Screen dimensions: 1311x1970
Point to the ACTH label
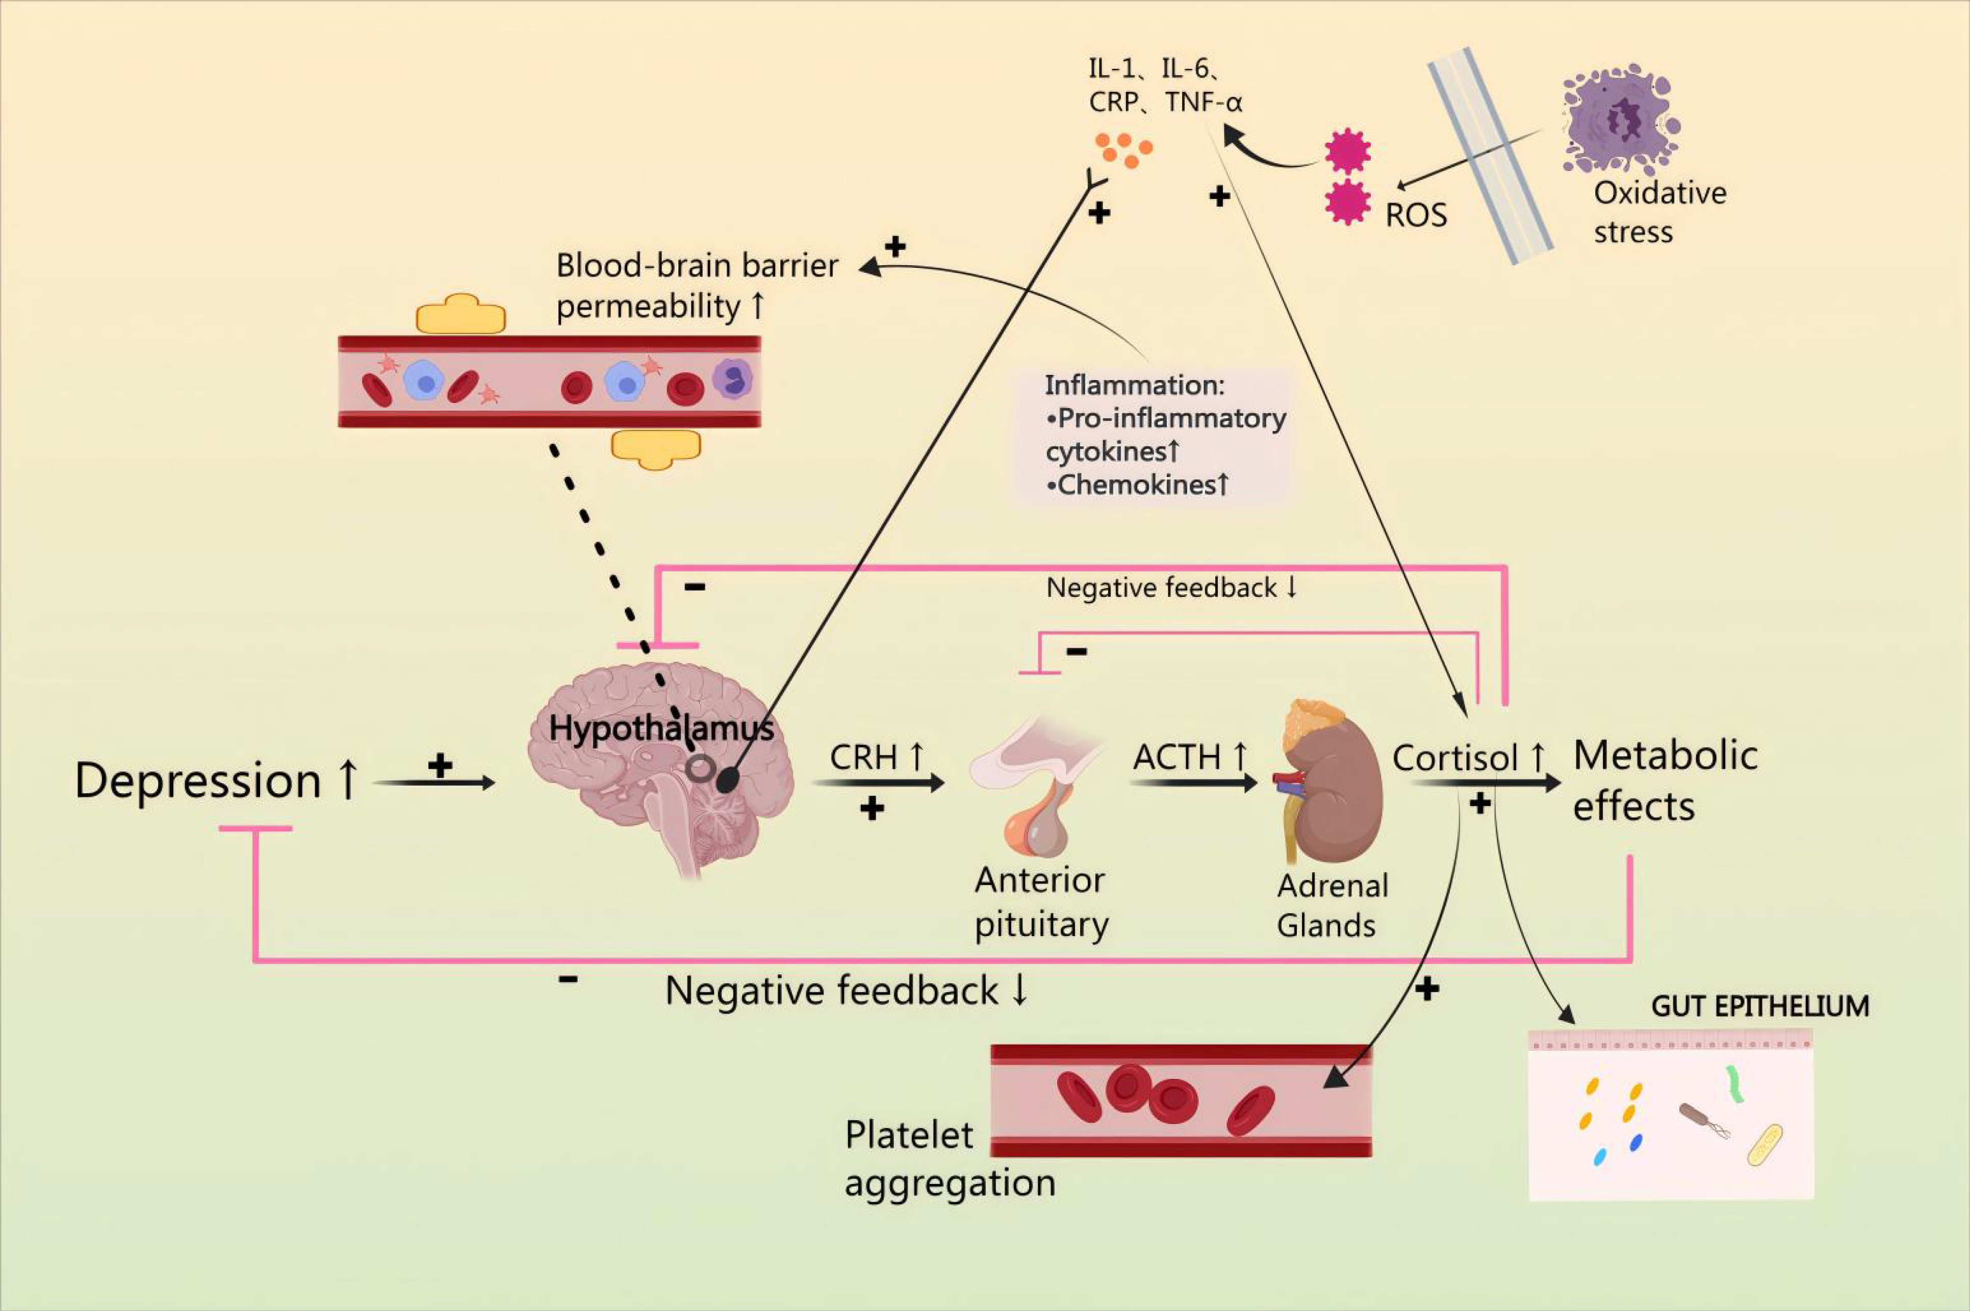coord(1177,758)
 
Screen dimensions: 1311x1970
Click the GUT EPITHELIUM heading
coord(1759,1006)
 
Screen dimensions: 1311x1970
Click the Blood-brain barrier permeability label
coord(696,286)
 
